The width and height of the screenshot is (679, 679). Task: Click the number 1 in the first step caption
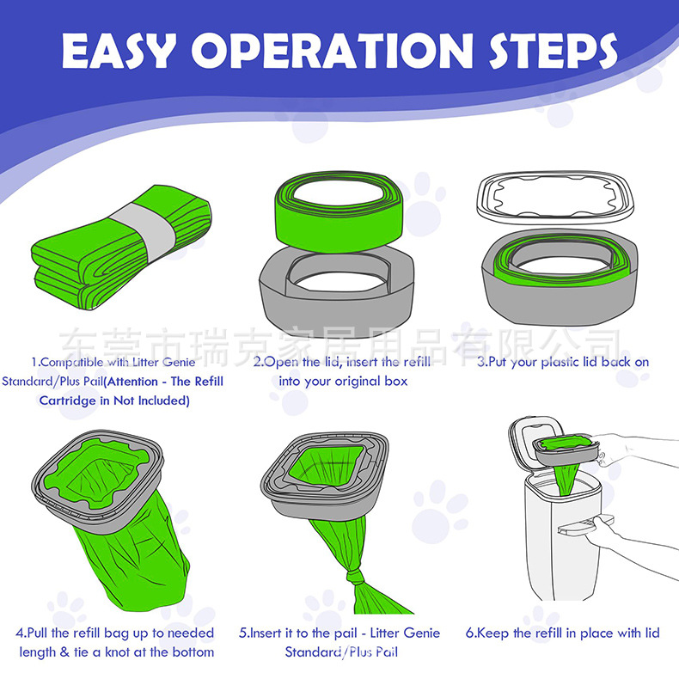[x=34, y=362]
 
